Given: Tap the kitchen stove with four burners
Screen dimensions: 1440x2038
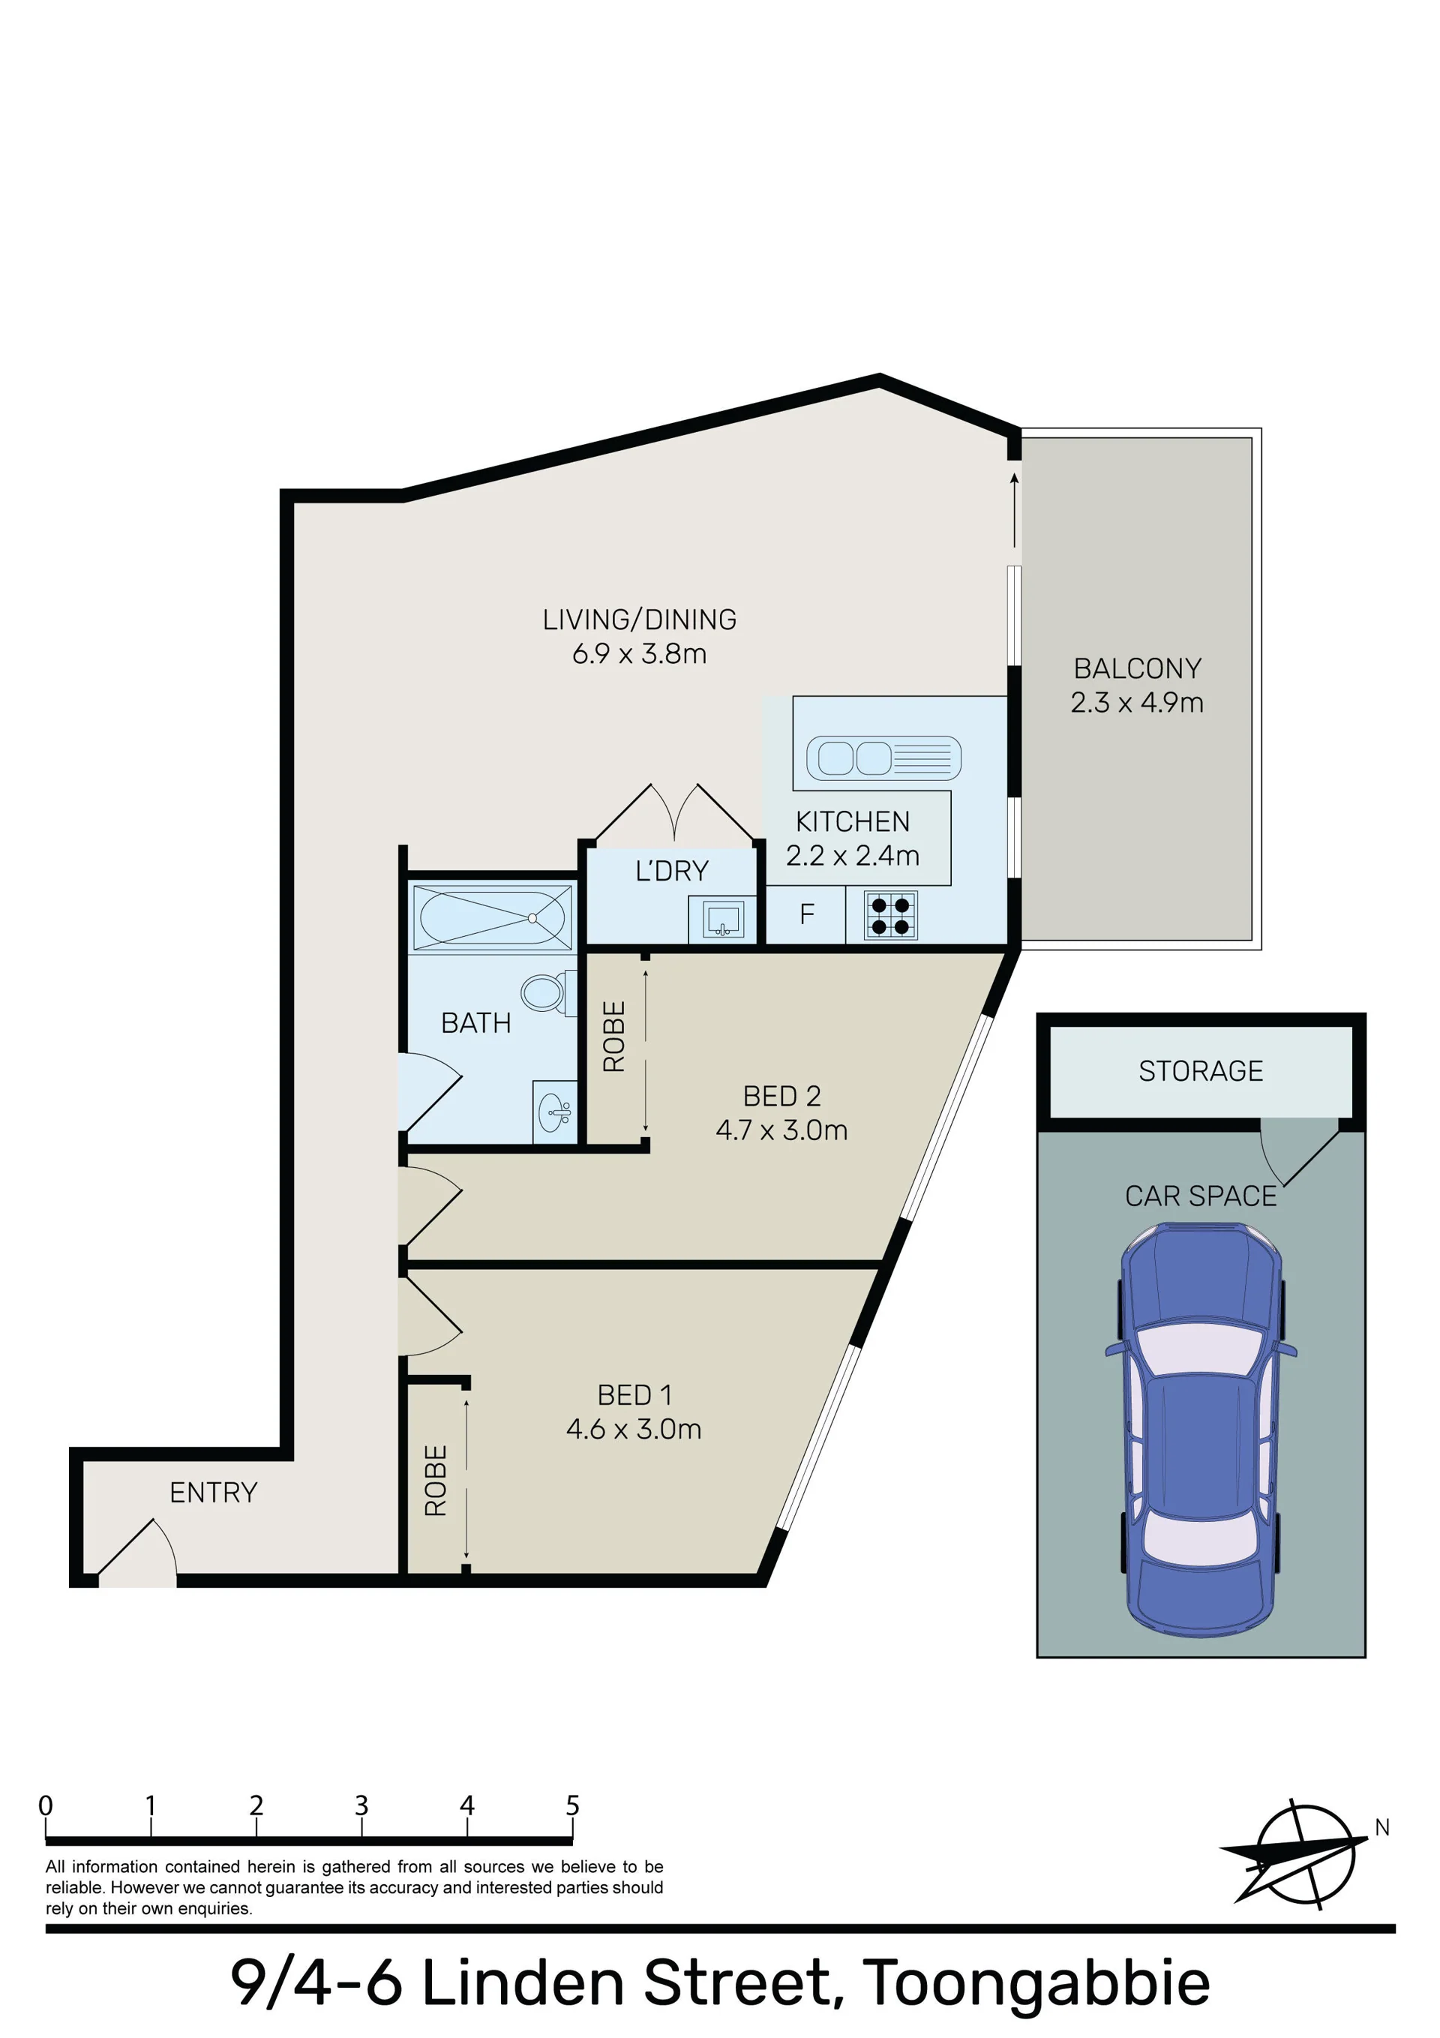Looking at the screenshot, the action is pos(890,916).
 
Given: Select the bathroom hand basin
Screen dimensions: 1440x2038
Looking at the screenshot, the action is pos(555,1110).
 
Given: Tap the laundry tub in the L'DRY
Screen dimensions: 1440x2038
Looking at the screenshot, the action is pos(723,920).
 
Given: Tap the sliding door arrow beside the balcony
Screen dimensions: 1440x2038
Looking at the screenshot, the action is pos(1014,509).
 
